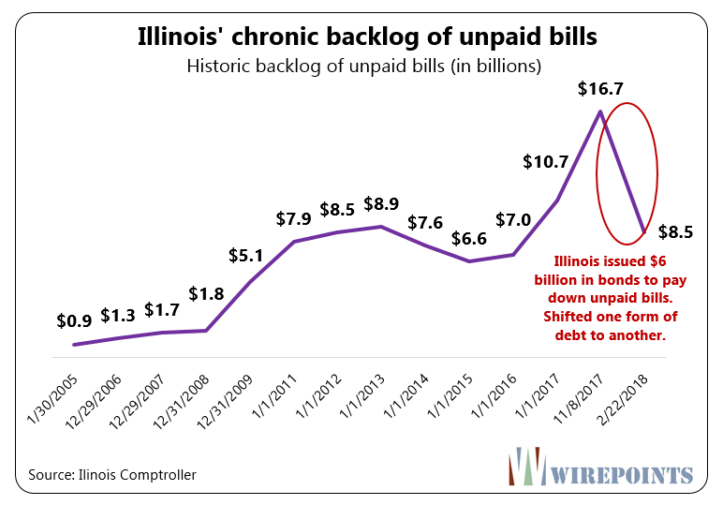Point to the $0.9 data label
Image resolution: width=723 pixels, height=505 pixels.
click(x=74, y=320)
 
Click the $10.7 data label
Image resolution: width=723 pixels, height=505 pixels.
click(x=545, y=162)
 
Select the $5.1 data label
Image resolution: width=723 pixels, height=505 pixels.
click(x=248, y=255)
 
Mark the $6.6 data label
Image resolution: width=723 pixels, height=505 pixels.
click(x=469, y=238)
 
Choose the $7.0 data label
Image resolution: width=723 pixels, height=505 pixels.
click(x=513, y=221)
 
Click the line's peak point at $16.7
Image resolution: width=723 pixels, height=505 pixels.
click(x=599, y=111)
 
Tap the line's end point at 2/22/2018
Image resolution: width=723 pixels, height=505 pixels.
click(x=643, y=231)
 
